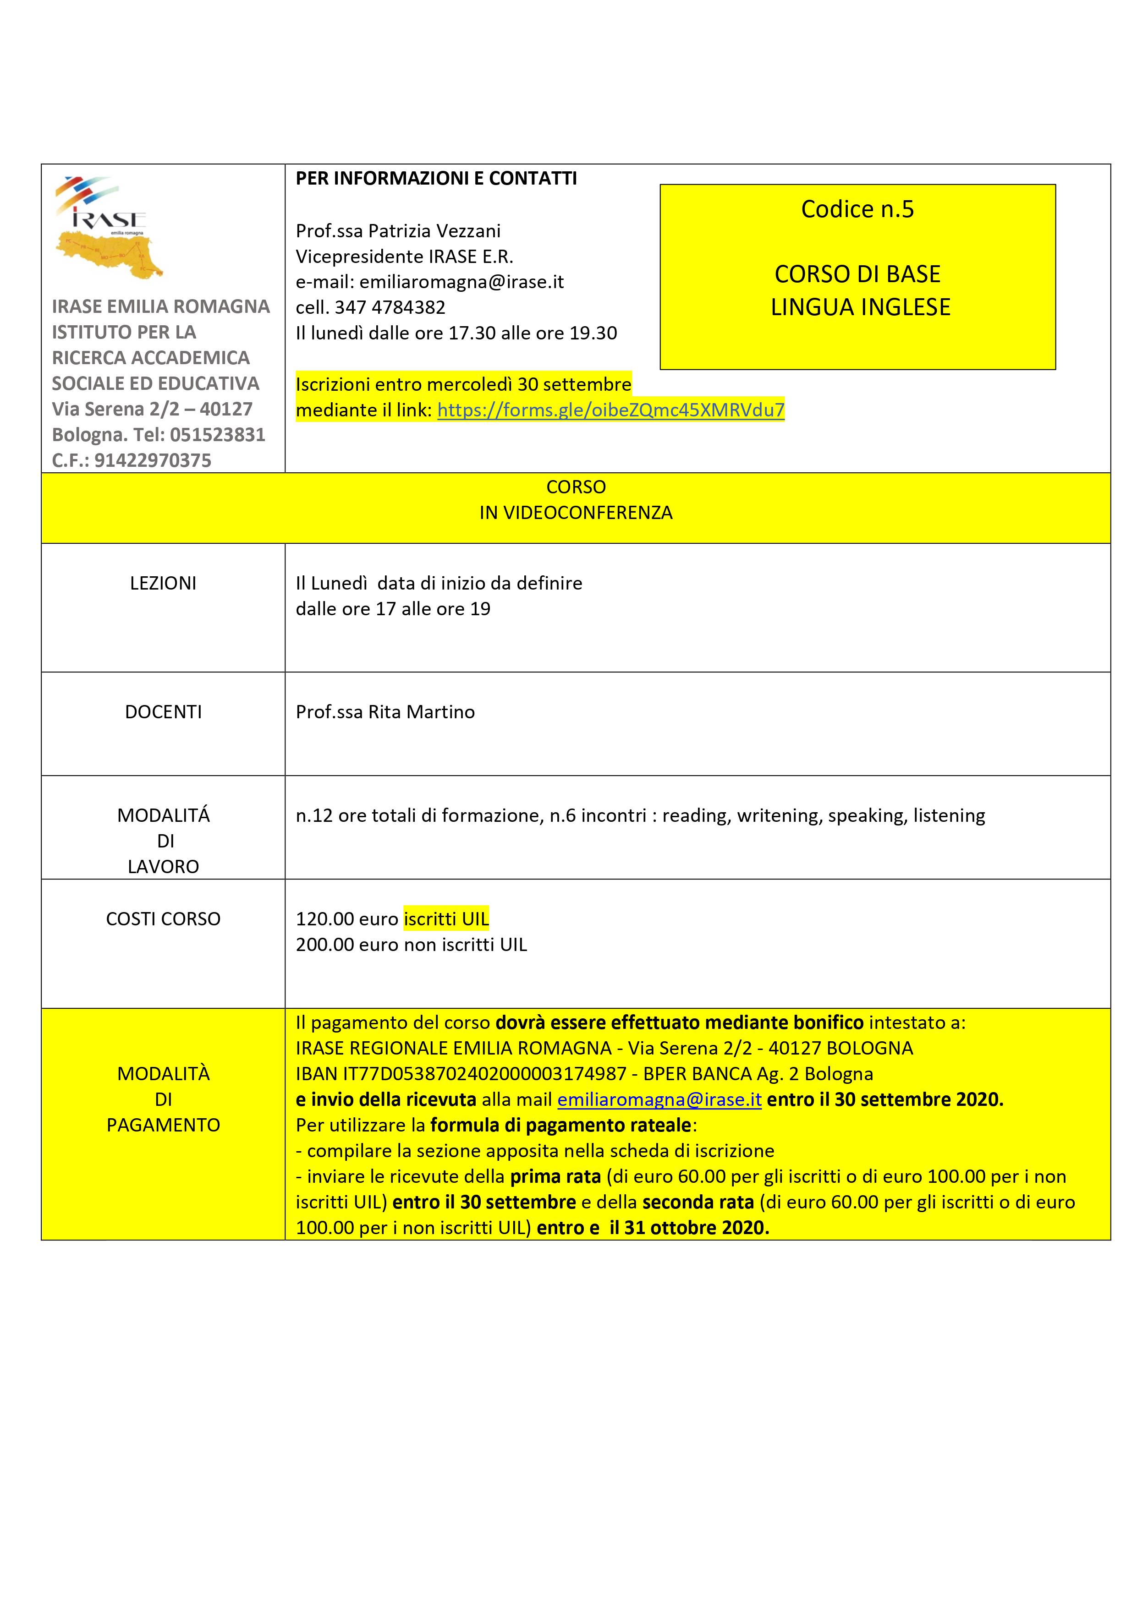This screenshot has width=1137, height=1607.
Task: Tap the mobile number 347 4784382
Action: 390,307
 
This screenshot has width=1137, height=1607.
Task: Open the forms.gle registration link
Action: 610,410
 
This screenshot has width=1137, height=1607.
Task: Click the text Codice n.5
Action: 857,209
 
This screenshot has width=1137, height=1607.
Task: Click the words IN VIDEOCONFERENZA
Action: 576,513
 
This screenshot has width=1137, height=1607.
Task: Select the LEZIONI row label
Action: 163,584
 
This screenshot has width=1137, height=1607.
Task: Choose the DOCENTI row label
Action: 163,712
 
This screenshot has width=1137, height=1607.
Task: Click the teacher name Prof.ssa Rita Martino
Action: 385,712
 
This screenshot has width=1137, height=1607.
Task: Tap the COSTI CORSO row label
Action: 163,919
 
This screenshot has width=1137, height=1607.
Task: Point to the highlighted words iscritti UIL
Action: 446,919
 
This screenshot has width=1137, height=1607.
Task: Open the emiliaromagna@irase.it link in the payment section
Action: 659,1099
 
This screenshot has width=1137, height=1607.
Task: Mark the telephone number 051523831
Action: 217,435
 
